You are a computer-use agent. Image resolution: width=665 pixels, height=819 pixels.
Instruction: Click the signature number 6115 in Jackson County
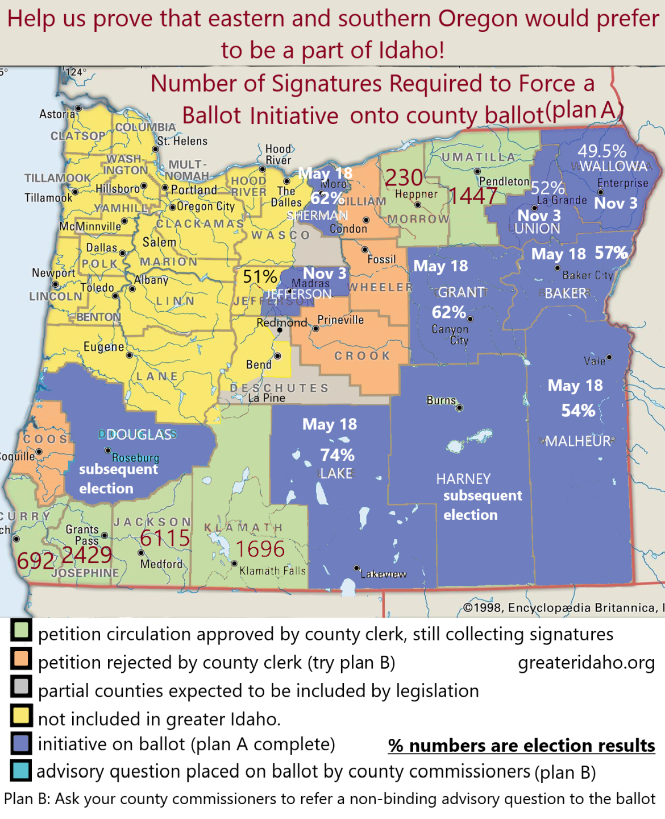[165, 537]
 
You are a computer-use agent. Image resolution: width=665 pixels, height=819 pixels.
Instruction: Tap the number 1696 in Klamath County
[260, 549]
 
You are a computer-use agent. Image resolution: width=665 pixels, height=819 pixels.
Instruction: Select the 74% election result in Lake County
[337, 455]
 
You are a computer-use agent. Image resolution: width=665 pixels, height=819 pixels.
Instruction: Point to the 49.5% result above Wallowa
[602, 151]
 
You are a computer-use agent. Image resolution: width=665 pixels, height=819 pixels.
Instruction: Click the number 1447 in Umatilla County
[474, 196]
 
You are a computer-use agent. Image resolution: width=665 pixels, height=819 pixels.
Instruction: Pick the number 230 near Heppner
[404, 178]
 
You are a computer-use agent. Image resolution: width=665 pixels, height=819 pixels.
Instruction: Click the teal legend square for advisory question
[21, 771]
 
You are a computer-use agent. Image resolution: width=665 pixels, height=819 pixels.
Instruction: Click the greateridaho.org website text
[586, 663]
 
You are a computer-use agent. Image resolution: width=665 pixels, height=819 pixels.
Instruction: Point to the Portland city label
[194, 189]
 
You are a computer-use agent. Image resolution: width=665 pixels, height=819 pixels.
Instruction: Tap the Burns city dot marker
[459, 407]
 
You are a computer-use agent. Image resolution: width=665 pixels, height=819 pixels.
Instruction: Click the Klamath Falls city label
[272, 570]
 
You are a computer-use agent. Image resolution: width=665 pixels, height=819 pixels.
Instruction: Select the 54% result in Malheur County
[578, 411]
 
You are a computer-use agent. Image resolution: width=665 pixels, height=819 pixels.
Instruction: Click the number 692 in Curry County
[35, 561]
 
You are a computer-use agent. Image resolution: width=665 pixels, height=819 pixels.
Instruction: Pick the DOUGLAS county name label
[139, 435]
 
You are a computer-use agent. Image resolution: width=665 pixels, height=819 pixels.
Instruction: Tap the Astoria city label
[57, 114]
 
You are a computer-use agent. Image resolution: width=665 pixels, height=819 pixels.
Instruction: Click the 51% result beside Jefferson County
[260, 277]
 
